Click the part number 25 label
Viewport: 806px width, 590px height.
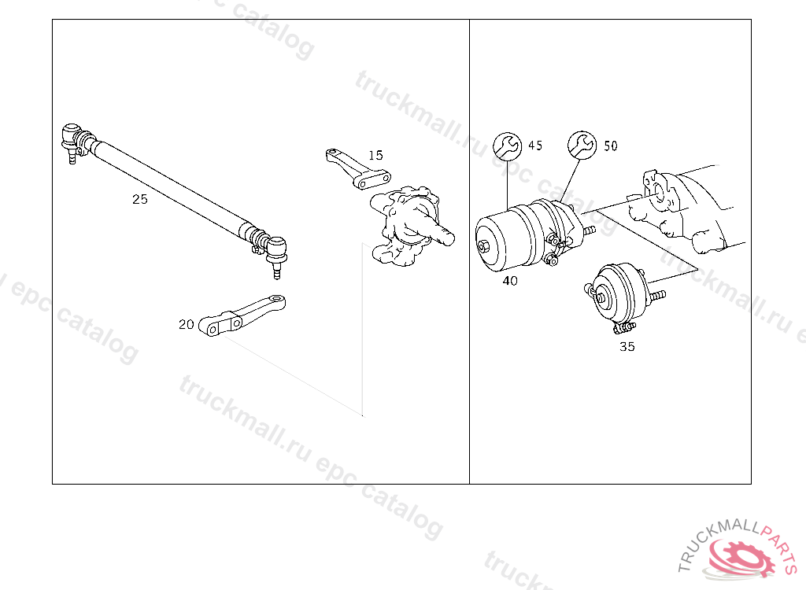140,199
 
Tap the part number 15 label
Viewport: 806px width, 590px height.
375,155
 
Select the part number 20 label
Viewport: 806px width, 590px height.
186,324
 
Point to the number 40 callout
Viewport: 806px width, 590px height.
510,281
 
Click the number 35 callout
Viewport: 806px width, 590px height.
627,346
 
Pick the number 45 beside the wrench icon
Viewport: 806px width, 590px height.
535,146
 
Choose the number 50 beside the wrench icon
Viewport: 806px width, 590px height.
610,146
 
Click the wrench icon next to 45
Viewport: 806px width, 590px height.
508,146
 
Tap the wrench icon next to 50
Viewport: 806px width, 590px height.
582,145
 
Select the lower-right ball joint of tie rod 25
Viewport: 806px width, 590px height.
276,254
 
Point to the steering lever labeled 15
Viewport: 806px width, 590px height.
358,169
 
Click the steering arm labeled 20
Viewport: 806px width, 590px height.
242,315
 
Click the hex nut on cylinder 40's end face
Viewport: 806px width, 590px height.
483,246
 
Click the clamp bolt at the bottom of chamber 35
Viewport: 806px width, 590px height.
624,328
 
